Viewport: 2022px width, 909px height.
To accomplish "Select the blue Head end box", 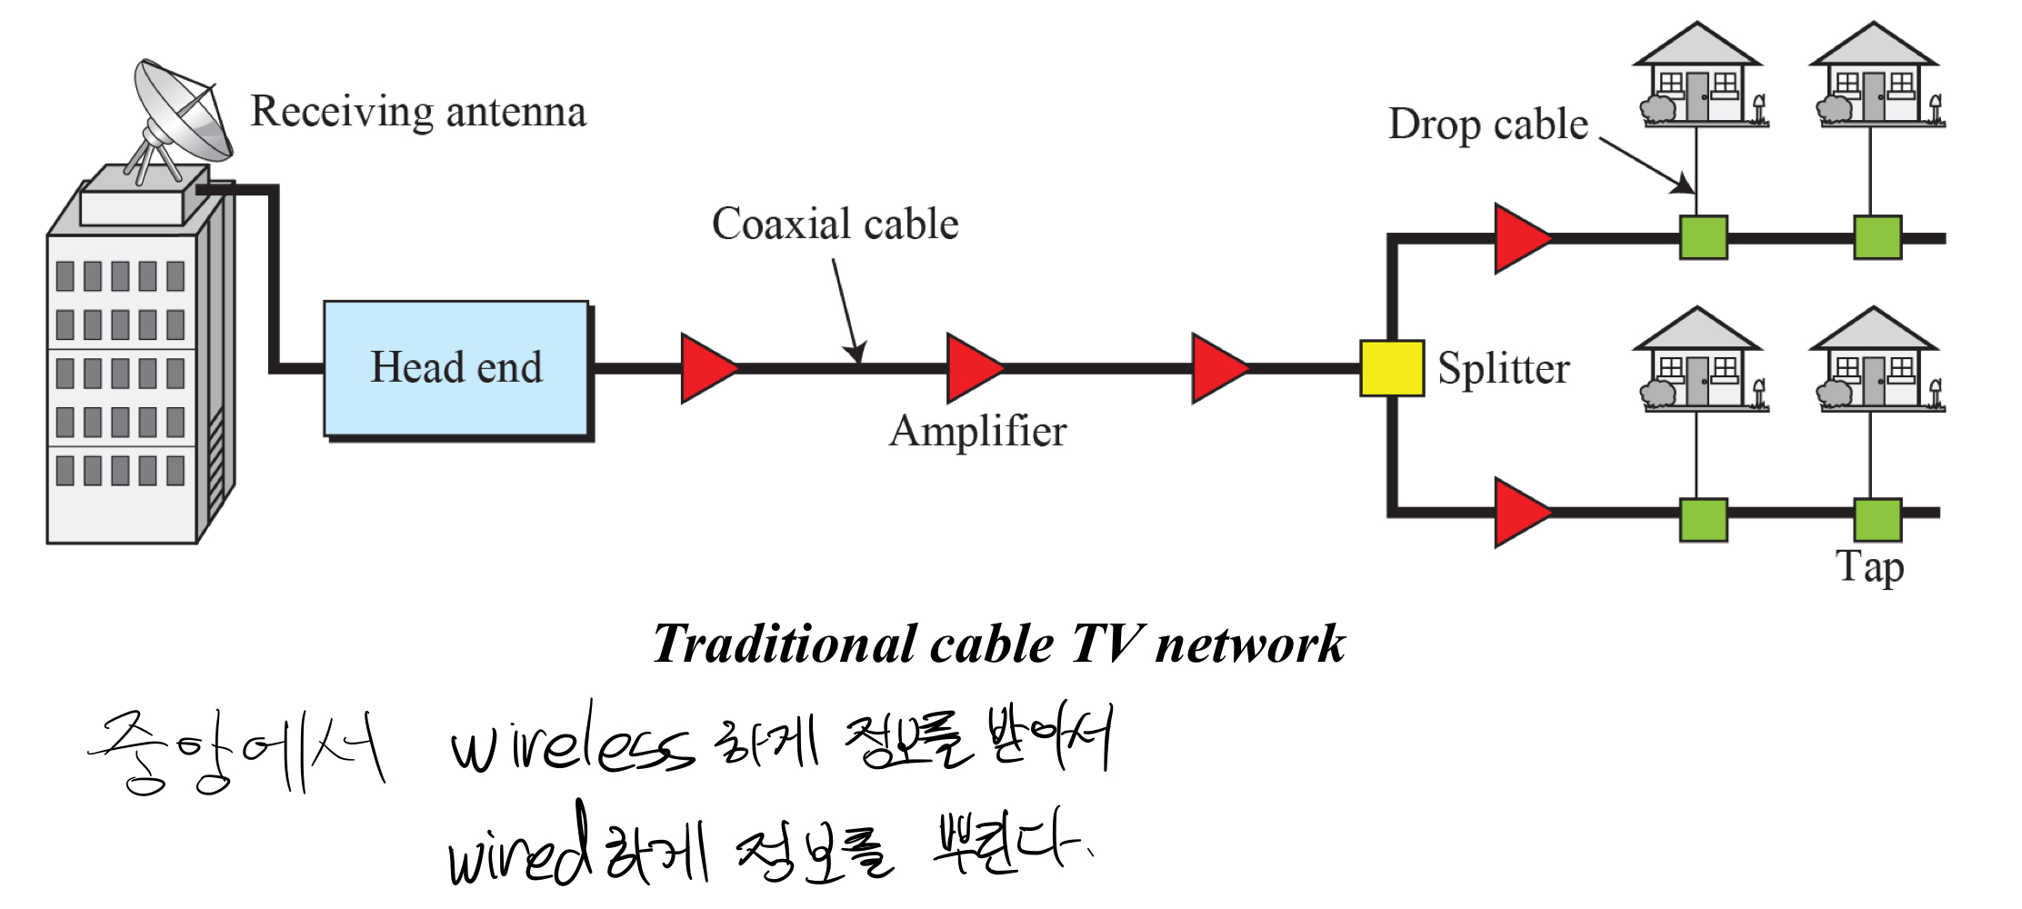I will click(x=455, y=368).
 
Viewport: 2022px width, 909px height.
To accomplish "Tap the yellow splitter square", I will click(x=1391, y=368).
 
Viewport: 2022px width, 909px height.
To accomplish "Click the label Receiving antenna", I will click(x=418, y=112).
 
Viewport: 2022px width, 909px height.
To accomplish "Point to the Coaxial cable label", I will click(x=835, y=224).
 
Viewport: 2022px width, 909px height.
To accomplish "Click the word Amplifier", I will click(x=977, y=431).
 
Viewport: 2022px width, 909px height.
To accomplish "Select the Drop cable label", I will click(x=1487, y=125).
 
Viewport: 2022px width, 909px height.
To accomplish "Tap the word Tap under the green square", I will click(x=1869, y=567).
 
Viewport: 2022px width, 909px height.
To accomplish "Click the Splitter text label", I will click(x=1503, y=369).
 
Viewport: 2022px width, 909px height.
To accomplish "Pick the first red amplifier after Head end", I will click(x=706, y=368).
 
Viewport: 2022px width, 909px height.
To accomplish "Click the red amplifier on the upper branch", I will click(x=1519, y=238).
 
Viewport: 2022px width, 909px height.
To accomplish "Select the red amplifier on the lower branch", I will click(x=1519, y=513).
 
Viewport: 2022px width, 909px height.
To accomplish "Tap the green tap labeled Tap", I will click(x=1877, y=520).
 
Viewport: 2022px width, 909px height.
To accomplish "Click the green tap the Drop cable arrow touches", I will click(x=1703, y=237).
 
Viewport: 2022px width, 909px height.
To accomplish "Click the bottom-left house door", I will click(x=1697, y=381).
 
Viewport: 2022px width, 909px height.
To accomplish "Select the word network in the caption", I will click(x=1249, y=644).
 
